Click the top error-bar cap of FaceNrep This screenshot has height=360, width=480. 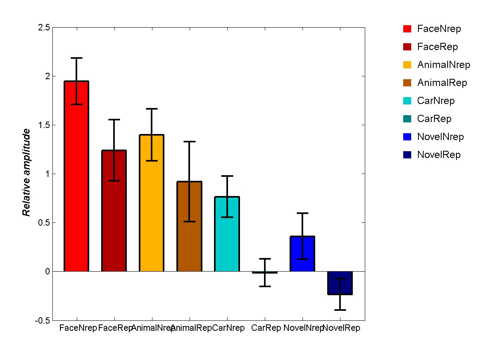(x=76, y=58)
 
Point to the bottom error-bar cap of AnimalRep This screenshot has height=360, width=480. (x=189, y=221)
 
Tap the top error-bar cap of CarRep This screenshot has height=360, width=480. (x=265, y=259)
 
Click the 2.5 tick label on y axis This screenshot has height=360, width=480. (x=44, y=28)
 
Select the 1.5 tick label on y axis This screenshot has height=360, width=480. (x=44, y=125)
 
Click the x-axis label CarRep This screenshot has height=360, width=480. (x=266, y=328)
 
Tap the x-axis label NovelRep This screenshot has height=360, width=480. (x=341, y=328)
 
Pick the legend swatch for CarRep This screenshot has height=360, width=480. (x=407, y=119)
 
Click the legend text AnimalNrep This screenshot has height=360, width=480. (x=443, y=65)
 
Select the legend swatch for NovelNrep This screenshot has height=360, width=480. (x=407, y=137)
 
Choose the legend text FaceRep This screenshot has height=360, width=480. (x=437, y=47)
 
